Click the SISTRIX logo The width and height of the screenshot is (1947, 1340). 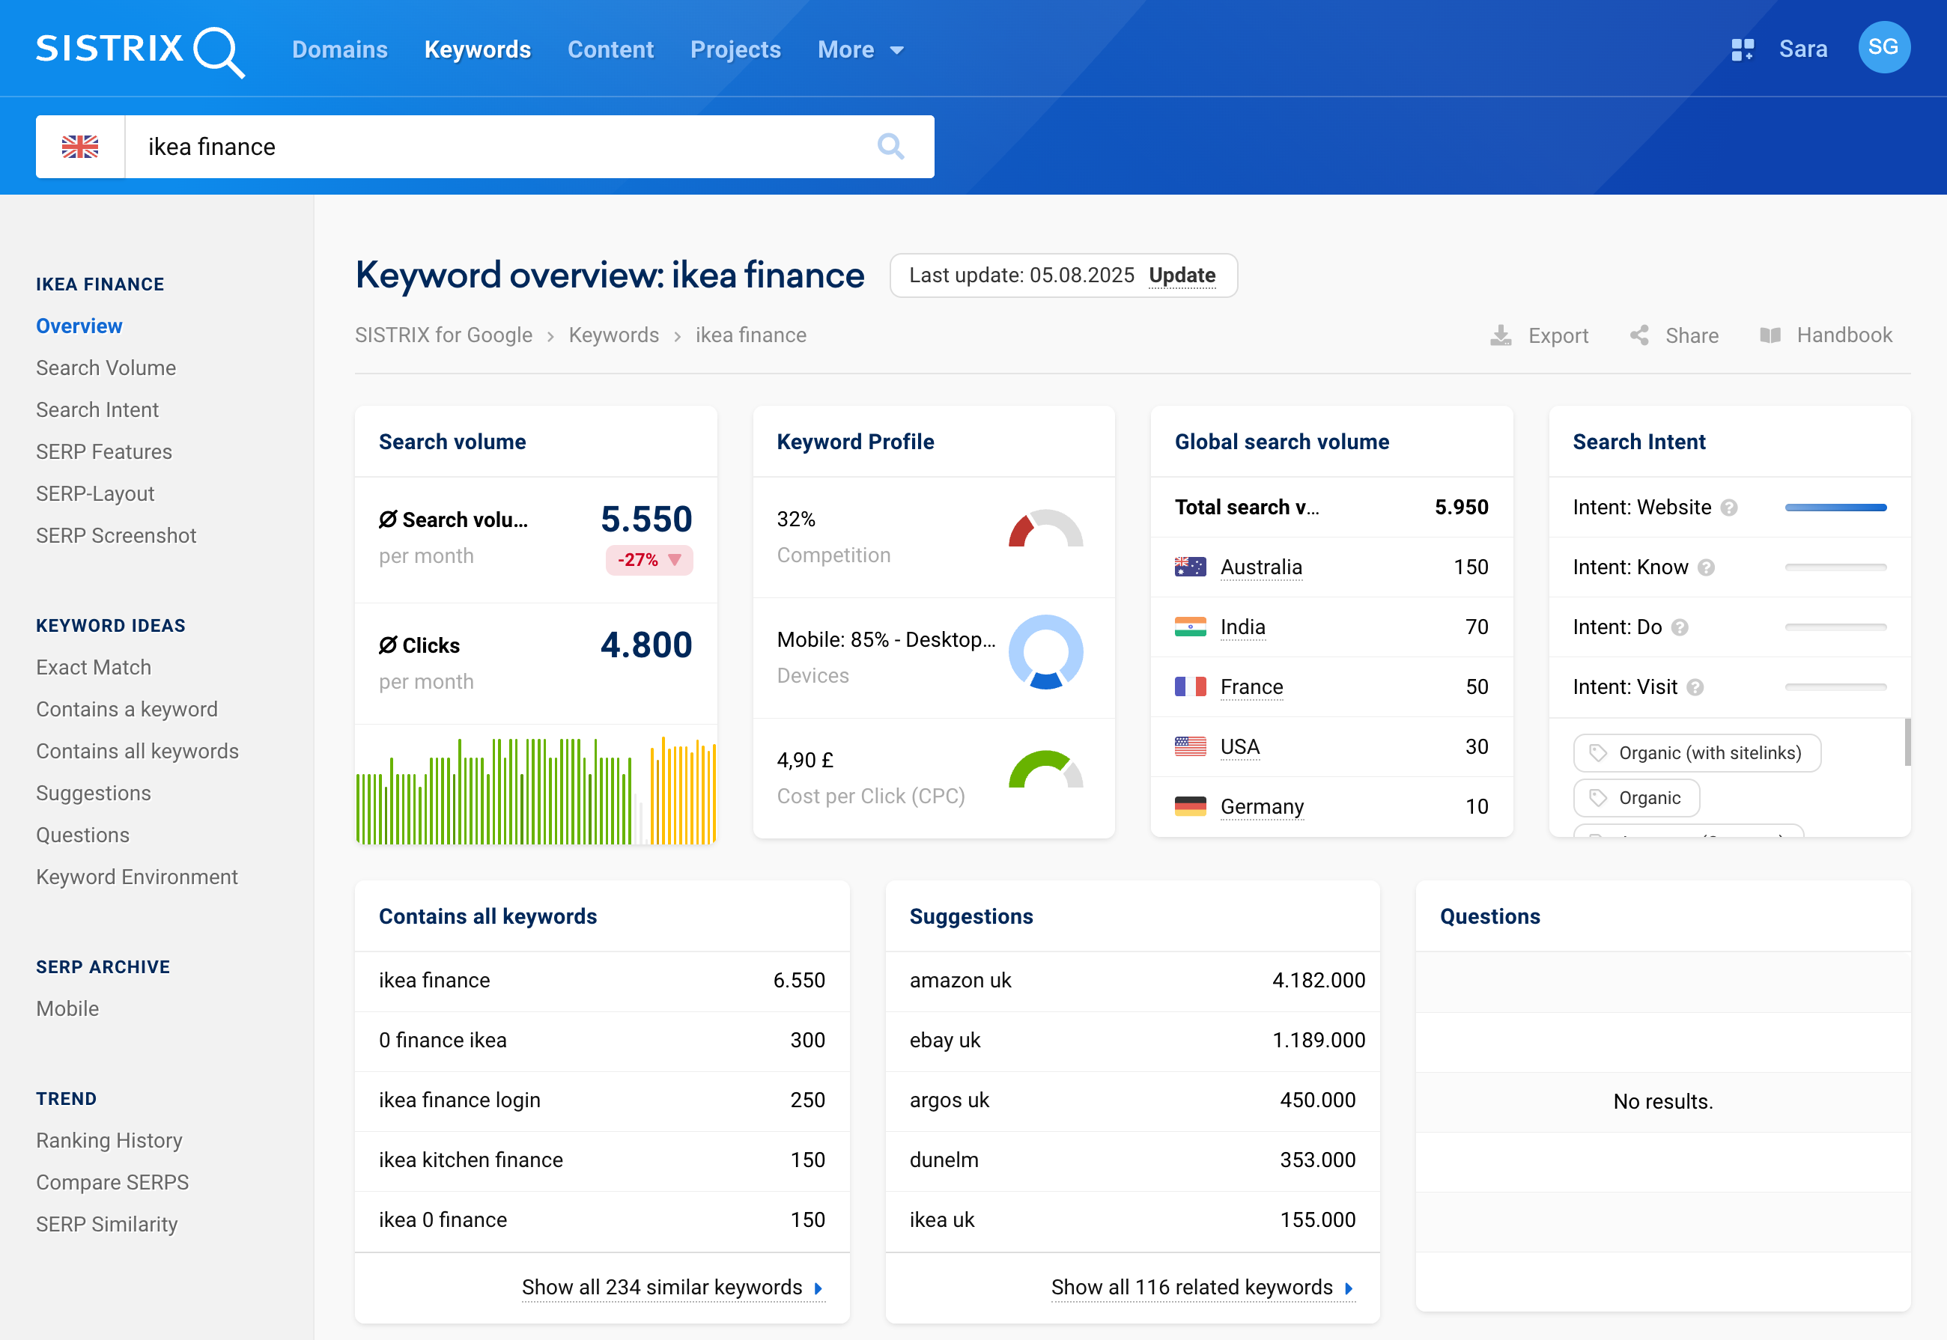[139, 50]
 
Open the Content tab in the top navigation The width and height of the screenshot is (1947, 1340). [610, 50]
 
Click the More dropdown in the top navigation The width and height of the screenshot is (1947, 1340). [860, 50]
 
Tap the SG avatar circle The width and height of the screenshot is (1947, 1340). [1883, 48]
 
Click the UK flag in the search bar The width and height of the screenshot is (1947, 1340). [81, 147]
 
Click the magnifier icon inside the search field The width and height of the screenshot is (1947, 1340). [890, 147]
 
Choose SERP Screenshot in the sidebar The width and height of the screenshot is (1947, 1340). [116, 536]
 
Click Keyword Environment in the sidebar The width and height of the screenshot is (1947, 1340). [137, 877]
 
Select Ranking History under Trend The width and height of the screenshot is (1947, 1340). [109, 1140]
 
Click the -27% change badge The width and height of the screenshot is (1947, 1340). [649, 560]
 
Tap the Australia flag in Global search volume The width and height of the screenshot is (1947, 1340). [1190, 567]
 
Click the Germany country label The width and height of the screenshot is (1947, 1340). [1262, 807]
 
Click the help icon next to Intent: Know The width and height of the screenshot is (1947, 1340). [1706, 568]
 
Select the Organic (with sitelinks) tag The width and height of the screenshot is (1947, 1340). [1697, 753]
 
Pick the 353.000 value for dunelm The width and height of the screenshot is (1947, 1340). [1317, 1160]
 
